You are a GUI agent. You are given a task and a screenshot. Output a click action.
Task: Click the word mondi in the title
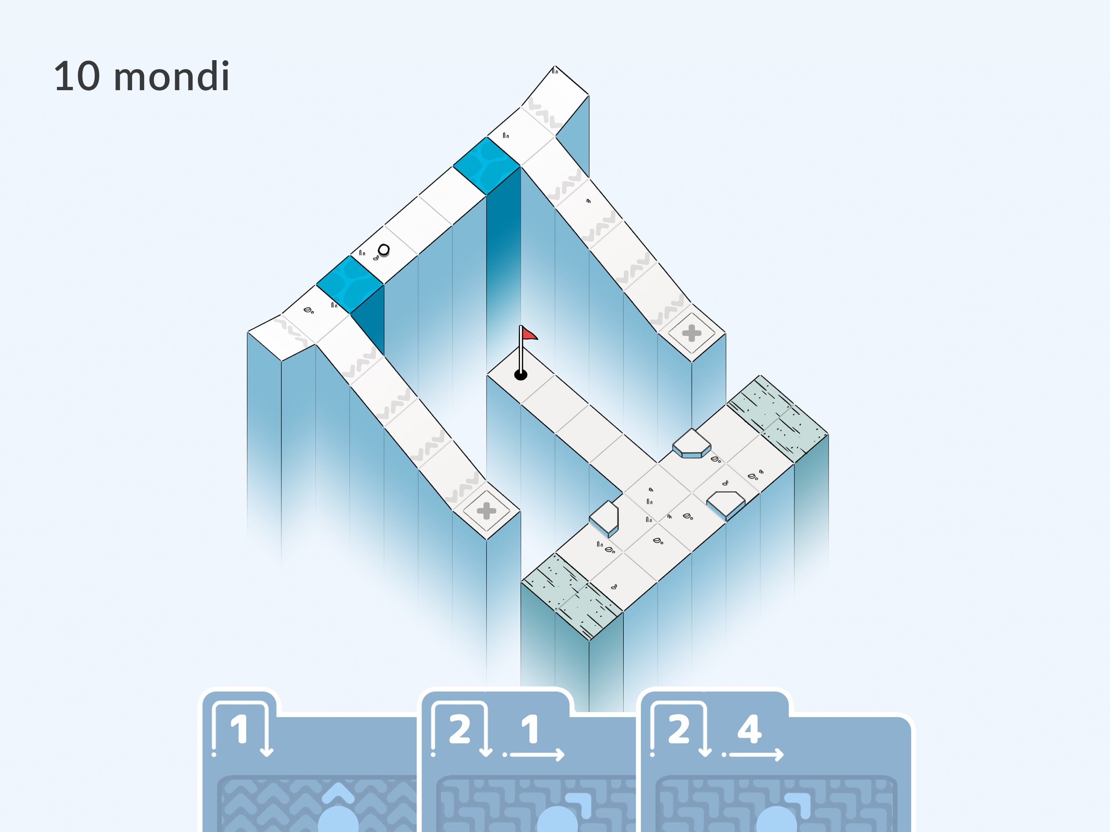point(171,76)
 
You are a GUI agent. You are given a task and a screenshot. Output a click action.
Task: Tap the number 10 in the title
point(77,76)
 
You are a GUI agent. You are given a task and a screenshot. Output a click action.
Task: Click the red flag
point(529,333)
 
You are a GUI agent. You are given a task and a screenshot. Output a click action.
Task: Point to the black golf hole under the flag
point(521,375)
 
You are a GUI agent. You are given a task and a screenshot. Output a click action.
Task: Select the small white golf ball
point(384,249)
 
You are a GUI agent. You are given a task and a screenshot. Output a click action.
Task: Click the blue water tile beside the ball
point(350,284)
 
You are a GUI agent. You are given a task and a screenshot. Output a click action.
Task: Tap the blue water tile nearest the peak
point(486,166)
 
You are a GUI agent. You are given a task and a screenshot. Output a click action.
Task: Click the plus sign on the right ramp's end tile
point(692,333)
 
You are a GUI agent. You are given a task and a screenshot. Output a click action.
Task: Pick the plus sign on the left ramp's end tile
point(486,511)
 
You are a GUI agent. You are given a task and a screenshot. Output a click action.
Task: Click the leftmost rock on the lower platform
point(604,518)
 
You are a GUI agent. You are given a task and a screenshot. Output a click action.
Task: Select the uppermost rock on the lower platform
point(692,443)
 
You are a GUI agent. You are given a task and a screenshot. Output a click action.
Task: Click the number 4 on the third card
point(749,729)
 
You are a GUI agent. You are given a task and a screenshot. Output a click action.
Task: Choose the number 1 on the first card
point(239,729)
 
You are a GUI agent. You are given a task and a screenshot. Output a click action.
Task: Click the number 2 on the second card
point(460,729)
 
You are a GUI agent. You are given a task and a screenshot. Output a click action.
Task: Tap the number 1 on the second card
point(530,729)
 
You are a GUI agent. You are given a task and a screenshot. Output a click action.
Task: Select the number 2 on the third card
point(679,729)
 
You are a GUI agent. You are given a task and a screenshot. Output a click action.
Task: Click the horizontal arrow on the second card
point(534,754)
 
